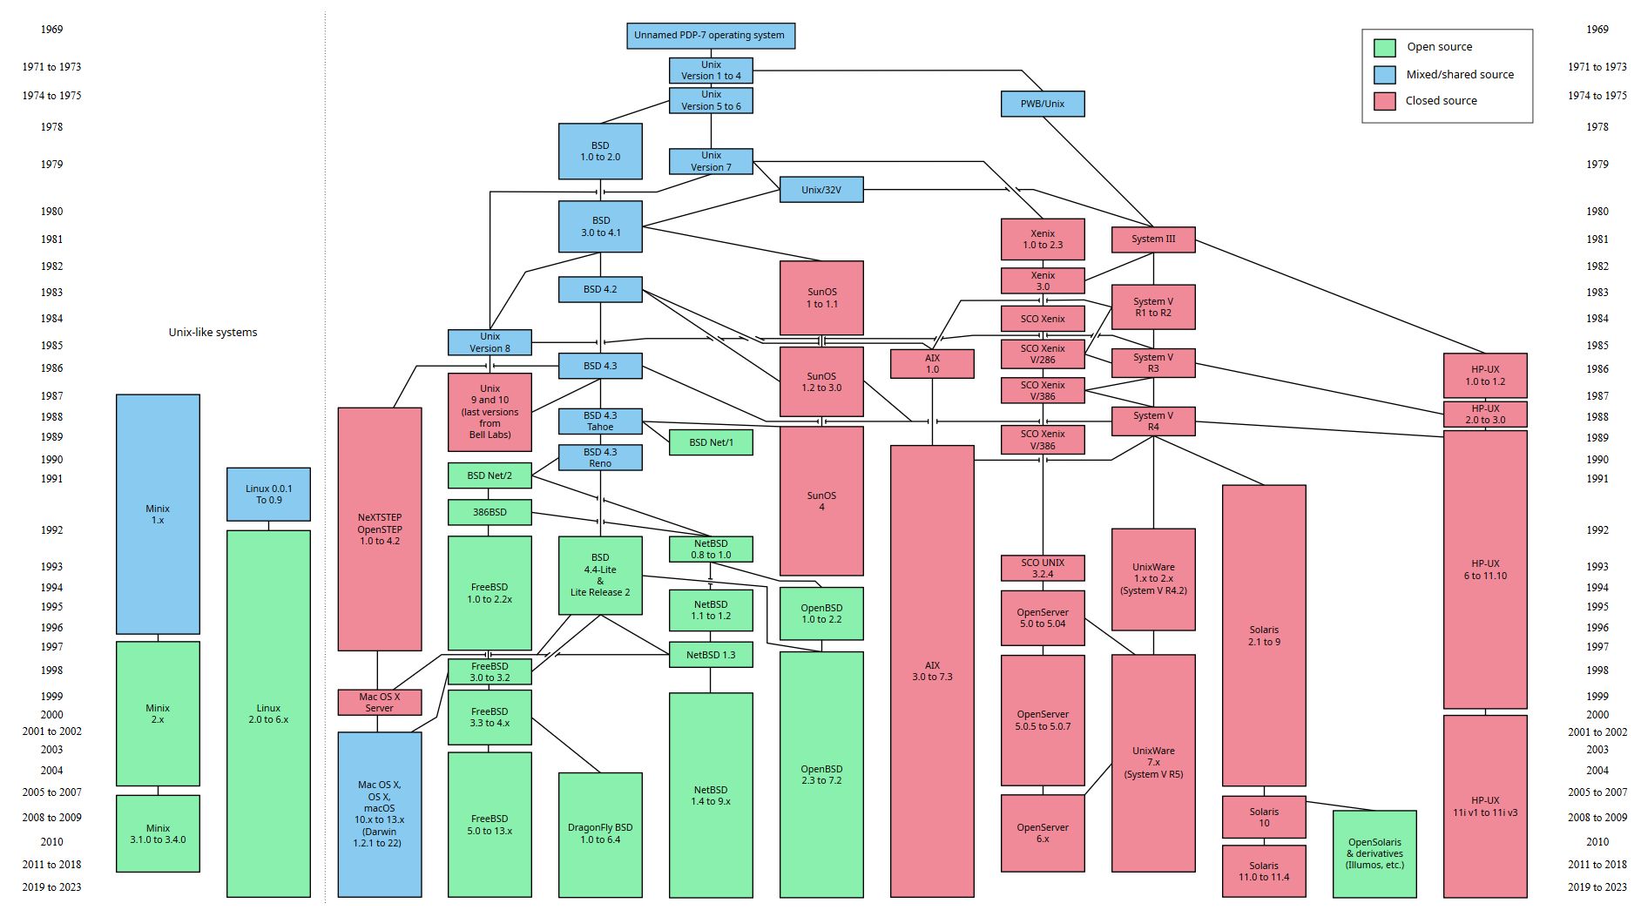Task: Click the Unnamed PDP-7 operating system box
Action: coord(710,36)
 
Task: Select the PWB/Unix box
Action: coord(1042,104)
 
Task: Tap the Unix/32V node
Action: coord(820,190)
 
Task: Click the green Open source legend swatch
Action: coord(1384,47)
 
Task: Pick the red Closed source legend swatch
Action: coord(1384,101)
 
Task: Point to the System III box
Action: coord(1152,239)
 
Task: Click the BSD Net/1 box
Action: coord(710,442)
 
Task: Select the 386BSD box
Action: coord(490,512)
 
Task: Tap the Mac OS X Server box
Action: coord(379,702)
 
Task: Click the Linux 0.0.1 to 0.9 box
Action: coord(268,495)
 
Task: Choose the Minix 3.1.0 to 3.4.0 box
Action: coord(158,833)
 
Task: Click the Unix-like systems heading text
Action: coord(213,333)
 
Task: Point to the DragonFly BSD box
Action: coord(599,833)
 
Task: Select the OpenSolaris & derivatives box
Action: coord(1374,853)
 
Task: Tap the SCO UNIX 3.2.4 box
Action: coord(1042,568)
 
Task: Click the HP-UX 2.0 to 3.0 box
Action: coord(1484,414)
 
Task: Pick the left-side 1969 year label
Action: coord(51,30)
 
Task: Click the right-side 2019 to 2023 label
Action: coord(1597,887)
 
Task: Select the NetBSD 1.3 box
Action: coord(710,655)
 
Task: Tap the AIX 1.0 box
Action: coord(931,363)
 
